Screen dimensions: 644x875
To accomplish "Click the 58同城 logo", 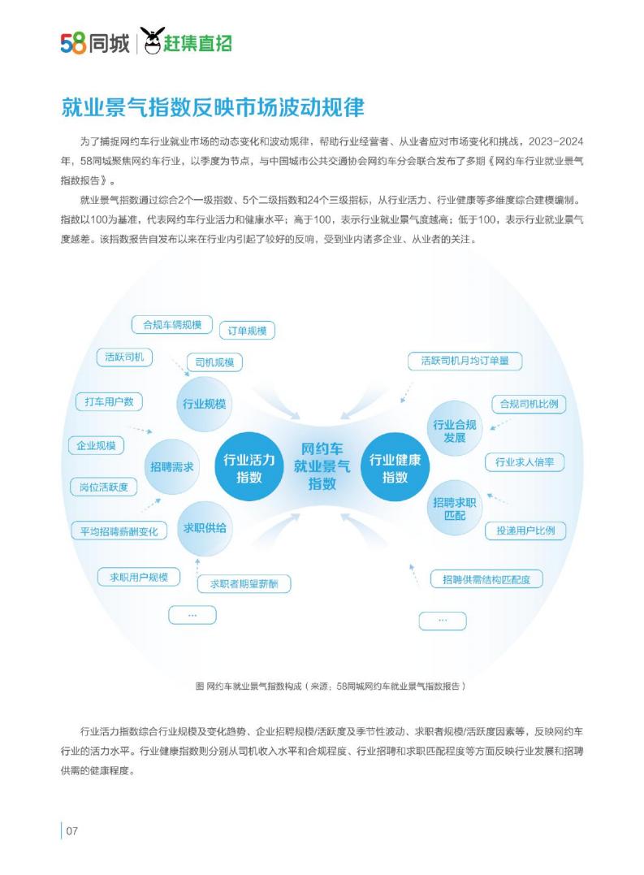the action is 95,43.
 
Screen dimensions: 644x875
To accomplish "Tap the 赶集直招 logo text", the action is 197,43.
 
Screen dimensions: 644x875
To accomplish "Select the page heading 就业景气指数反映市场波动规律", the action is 213,107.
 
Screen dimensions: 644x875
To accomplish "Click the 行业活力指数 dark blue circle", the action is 249,468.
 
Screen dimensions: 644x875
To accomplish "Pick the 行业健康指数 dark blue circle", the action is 395,468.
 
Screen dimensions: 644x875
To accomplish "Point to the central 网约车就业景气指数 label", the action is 322,466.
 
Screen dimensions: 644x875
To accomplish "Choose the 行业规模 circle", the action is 204,404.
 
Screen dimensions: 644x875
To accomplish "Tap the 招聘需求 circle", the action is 171,466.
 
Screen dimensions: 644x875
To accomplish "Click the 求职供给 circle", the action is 205,528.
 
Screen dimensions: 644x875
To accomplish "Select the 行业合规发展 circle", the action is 455,431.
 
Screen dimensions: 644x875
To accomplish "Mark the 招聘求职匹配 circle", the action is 455,509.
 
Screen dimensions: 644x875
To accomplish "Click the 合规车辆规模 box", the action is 171,325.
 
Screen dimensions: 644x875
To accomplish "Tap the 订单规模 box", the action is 247,331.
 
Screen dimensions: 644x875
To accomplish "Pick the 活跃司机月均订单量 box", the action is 465,361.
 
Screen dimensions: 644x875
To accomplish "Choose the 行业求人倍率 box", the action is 524,462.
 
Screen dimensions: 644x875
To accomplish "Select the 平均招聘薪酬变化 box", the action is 119,531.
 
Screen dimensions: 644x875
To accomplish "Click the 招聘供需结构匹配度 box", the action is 486,579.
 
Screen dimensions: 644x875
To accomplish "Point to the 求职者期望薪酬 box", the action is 244,583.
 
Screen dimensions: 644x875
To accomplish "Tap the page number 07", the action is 72,831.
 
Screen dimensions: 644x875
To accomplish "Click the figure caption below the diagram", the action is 330,686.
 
